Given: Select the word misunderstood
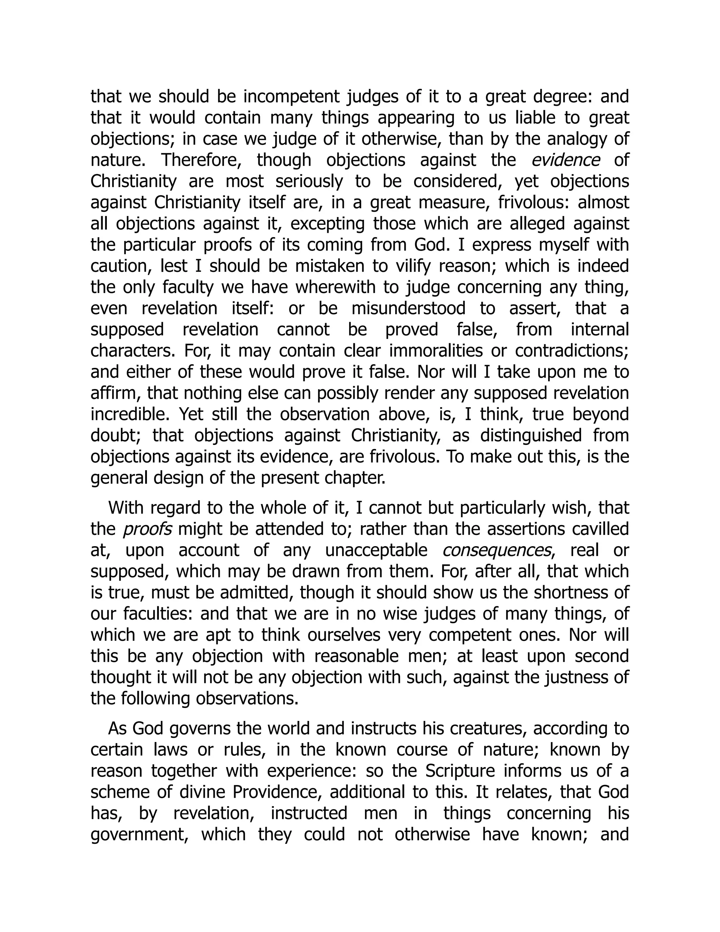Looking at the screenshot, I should [409, 308].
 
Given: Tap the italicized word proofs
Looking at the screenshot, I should [148, 529].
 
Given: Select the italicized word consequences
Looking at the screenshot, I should [497, 550].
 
